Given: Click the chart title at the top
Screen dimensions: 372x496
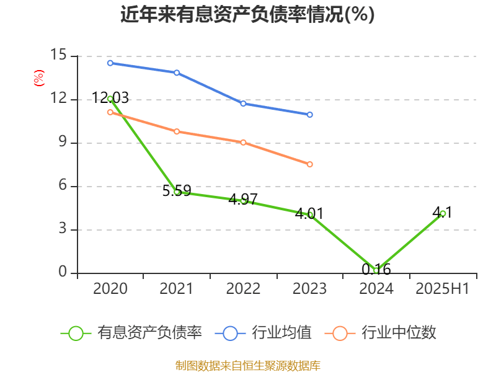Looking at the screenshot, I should [247, 14].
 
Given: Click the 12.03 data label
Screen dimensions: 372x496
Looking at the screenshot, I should [110, 97].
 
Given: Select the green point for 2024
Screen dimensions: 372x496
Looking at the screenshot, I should [376, 270].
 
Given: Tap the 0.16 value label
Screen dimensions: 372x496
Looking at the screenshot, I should [376, 270].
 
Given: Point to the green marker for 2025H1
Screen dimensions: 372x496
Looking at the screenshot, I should [443, 213].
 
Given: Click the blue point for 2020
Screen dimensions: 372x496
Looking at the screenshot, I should [110, 63].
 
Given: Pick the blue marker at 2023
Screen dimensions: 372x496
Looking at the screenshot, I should [310, 115].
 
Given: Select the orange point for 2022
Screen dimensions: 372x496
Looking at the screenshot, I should [243, 143].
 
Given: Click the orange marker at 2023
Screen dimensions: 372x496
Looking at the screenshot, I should [310, 164].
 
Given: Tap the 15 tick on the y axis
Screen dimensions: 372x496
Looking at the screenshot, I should [58, 56].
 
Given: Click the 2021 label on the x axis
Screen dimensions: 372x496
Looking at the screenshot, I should [177, 289].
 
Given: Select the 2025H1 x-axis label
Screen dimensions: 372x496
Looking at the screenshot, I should [443, 289].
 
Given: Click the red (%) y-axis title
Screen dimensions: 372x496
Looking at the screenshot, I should [38, 78].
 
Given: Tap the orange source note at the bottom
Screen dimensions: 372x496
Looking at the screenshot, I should [247, 365].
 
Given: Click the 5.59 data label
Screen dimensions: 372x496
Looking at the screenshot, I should [177, 190].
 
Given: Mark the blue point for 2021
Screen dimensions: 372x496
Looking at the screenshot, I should [177, 73].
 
